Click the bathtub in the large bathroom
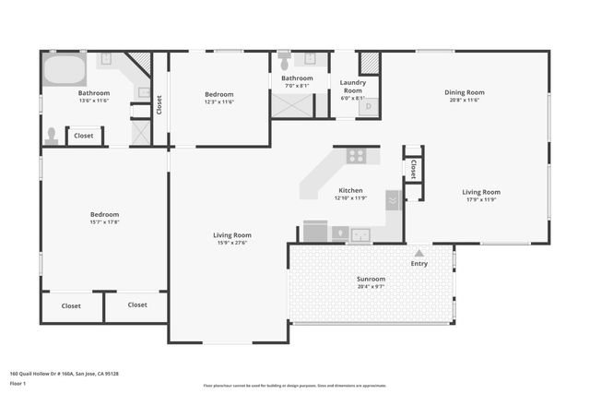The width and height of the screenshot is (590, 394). [x=64, y=69]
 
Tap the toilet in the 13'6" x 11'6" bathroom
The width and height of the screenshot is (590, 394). [x=52, y=135]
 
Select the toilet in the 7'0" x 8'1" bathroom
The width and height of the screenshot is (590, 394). [x=284, y=62]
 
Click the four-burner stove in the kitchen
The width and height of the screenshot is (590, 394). [x=356, y=155]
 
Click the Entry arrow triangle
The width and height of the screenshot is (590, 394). [x=419, y=252]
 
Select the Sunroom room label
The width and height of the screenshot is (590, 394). [x=371, y=279]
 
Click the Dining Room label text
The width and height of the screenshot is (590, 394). [x=464, y=92]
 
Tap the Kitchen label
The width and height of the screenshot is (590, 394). [x=350, y=190]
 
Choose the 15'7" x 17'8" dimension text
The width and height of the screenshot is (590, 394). [x=104, y=221]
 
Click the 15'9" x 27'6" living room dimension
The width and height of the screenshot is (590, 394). [x=232, y=242]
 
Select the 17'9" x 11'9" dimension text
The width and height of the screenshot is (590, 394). [x=480, y=199]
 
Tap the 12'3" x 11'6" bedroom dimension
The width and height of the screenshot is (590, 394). [x=218, y=101]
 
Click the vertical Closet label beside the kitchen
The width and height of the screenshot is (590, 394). [x=412, y=169]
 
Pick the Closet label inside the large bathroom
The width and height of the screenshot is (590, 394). [x=84, y=136]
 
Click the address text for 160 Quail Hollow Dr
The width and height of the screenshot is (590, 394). [x=64, y=374]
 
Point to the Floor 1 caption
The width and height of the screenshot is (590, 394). [x=18, y=383]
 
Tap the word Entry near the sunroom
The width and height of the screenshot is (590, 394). [x=419, y=264]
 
